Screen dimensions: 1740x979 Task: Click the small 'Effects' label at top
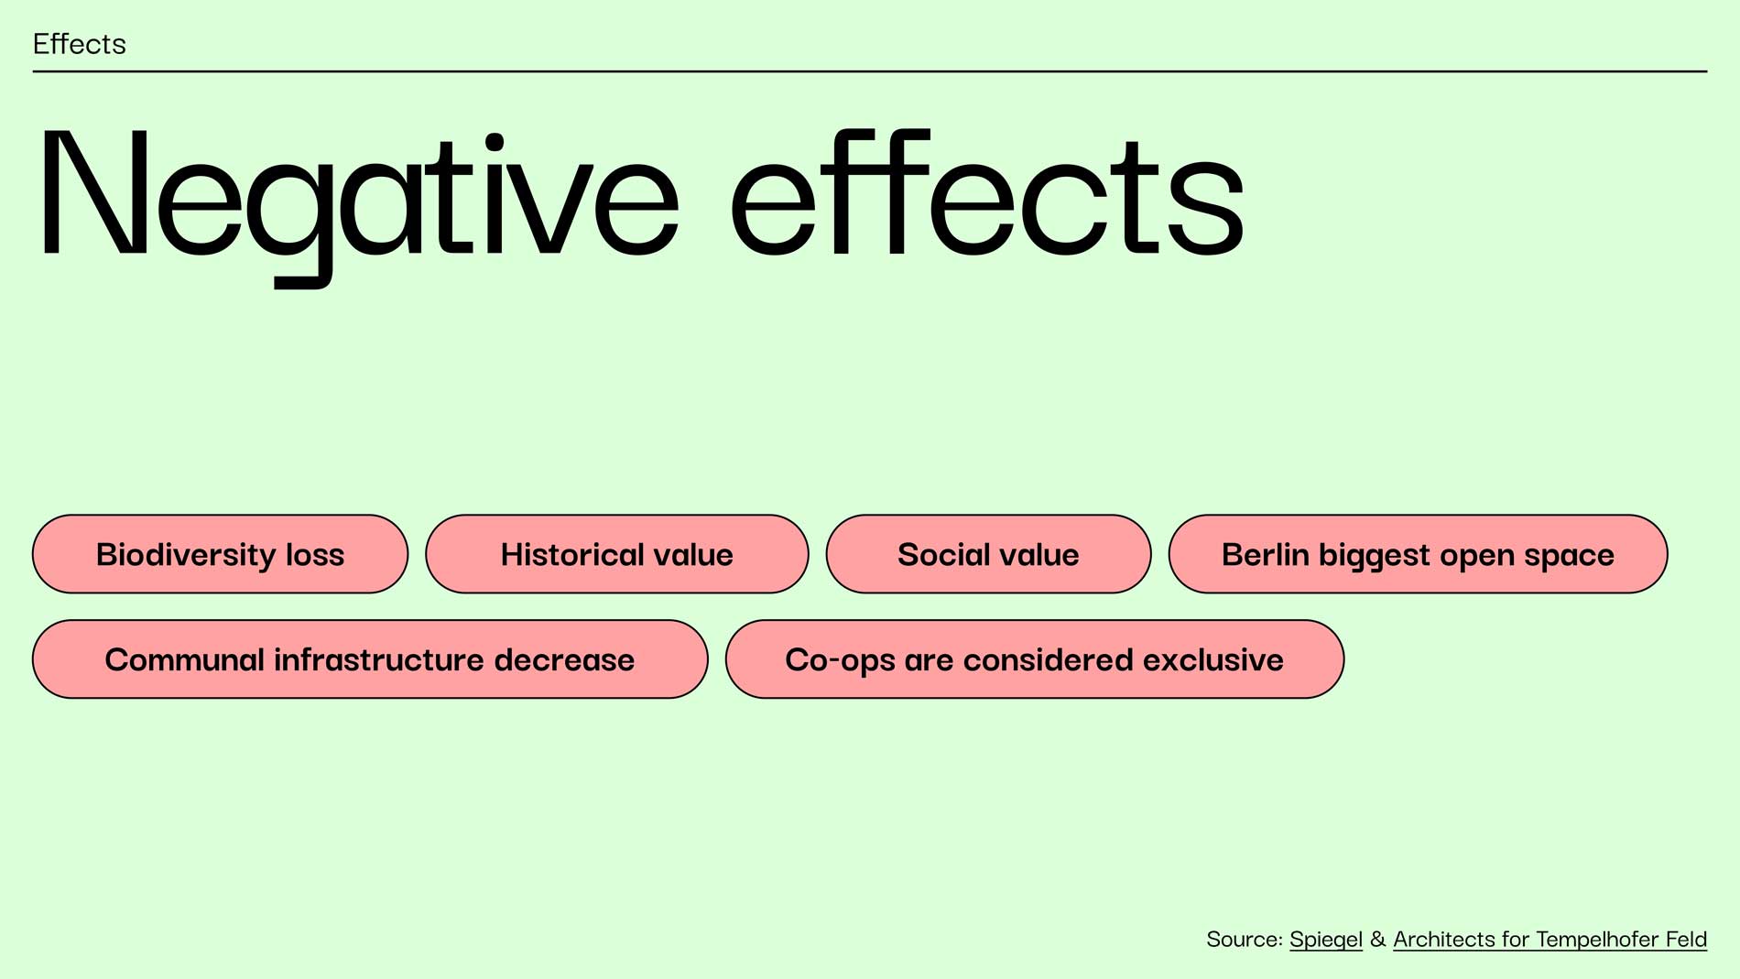[x=80, y=44]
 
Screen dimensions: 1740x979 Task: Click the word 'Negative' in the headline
[x=358, y=206]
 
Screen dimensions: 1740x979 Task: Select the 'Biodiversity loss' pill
[x=220, y=554]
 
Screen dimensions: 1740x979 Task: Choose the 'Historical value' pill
[x=617, y=554]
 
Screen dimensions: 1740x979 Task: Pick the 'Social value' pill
[x=988, y=554]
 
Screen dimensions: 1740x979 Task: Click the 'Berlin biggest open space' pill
[x=1418, y=554]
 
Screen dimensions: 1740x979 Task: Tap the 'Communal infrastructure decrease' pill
[x=370, y=659]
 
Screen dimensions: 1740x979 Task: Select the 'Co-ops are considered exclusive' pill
[x=1035, y=659]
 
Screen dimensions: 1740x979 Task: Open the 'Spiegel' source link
[x=1326, y=940]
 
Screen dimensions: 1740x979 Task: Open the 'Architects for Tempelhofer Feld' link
[x=1550, y=940]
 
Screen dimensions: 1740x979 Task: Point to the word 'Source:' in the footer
[x=1245, y=940]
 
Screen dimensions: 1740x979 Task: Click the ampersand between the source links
[x=1377, y=940]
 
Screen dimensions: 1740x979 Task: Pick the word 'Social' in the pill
[x=939, y=554]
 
